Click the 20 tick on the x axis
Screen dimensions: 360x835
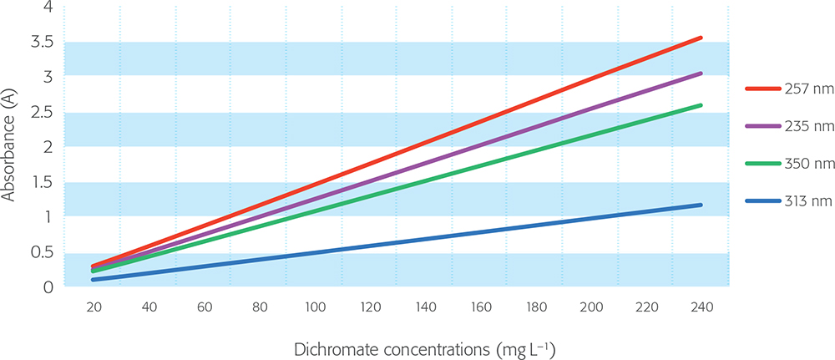click(94, 308)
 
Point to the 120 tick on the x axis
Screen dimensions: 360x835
click(370, 308)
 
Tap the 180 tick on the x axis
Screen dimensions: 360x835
click(535, 308)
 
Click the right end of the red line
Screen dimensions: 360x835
click(701, 38)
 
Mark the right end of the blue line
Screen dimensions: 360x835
click(701, 205)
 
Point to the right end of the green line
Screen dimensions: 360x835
click(701, 105)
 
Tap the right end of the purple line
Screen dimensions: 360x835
click(701, 74)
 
